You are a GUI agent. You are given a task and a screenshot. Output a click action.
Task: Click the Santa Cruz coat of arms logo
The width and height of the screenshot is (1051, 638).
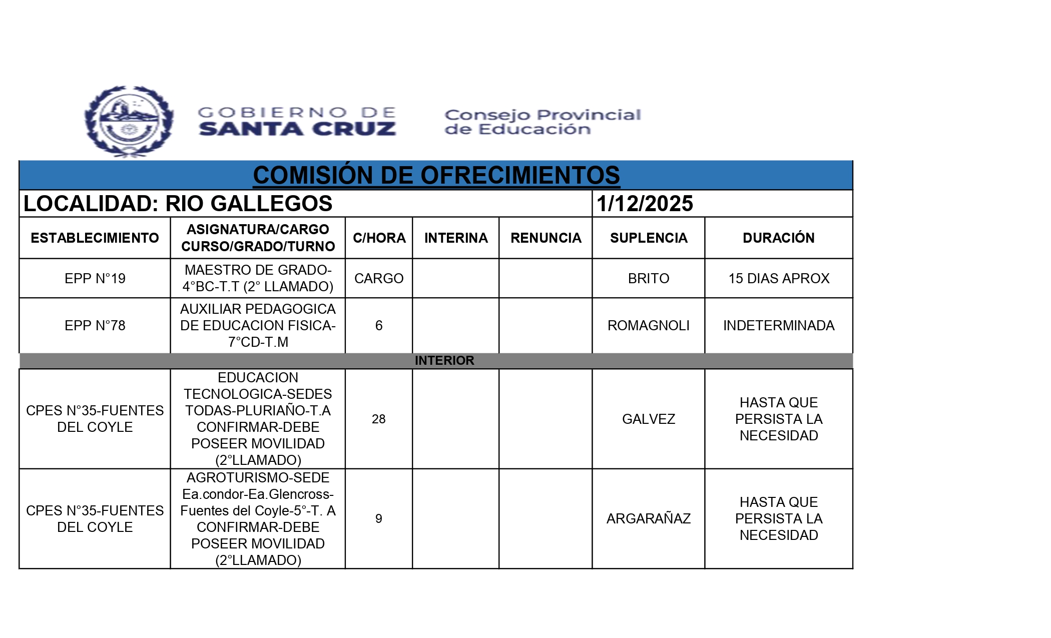click(x=129, y=122)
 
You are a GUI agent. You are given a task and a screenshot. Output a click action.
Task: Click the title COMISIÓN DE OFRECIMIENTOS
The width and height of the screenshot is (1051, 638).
click(x=436, y=176)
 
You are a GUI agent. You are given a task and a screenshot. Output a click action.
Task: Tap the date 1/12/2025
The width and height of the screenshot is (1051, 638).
click(x=645, y=204)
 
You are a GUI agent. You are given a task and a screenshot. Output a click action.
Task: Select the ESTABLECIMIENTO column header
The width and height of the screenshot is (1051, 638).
click(x=95, y=238)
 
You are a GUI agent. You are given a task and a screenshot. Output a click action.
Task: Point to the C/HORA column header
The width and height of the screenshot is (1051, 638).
click(x=379, y=238)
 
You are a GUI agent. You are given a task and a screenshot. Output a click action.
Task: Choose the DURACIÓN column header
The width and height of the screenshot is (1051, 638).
click(x=778, y=238)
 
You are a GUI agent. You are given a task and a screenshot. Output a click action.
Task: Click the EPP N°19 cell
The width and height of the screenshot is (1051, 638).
click(x=95, y=278)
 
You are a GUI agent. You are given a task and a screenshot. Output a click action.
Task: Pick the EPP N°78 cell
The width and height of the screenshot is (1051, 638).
click(x=95, y=326)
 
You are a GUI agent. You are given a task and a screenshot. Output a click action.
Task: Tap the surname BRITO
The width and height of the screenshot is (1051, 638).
click(x=648, y=278)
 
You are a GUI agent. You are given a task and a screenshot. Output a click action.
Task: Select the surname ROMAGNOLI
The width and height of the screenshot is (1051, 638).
click(x=648, y=326)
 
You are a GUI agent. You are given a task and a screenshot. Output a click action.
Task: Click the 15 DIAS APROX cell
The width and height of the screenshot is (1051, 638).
click(x=778, y=278)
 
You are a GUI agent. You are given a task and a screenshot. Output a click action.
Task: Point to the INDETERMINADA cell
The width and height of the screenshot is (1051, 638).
click(x=778, y=326)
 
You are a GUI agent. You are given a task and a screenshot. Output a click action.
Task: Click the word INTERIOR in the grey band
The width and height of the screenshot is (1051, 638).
click(x=444, y=361)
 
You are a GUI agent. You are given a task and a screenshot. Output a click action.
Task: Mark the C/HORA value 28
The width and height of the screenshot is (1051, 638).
click(x=378, y=419)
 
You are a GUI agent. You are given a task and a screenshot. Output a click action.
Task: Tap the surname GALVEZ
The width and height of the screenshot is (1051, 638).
click(x=648, y=419)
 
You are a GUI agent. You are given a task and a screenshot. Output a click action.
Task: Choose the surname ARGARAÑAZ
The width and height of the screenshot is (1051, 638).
click(x=648, y=518)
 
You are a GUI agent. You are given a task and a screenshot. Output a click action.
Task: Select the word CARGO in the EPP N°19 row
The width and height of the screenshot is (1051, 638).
click(x=379, y=278)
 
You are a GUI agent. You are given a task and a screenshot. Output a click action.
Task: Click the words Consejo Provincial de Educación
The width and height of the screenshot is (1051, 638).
click(x=542, y=122)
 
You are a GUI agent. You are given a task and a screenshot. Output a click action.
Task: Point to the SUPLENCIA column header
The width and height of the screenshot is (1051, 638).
click(x=648, y=238)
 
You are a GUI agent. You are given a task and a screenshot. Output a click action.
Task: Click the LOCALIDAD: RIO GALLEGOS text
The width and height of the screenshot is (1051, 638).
click(x=178, y=204)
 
